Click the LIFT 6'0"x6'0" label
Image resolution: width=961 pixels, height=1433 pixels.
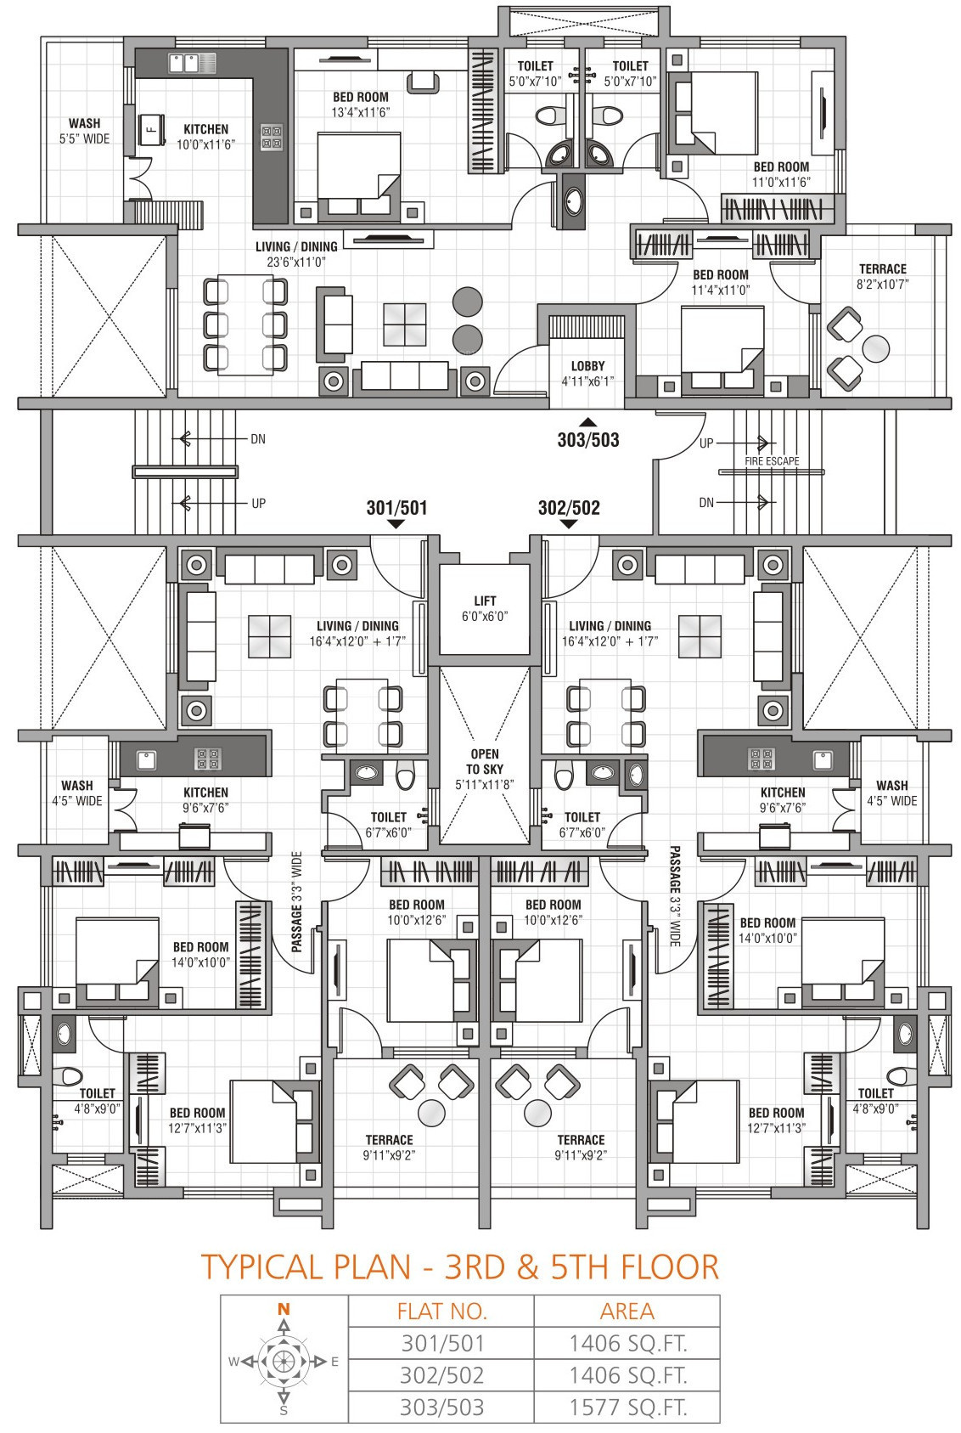click(485, 608)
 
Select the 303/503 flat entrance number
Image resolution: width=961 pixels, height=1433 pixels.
click(587, 440)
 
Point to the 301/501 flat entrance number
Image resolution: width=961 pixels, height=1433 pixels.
click(396, 508)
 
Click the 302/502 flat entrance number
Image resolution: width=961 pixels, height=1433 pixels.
click(569, 508)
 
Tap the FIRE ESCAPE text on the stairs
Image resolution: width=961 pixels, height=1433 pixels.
click(772, 461)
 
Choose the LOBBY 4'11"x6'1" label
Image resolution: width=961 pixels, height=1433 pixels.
click(587, 374)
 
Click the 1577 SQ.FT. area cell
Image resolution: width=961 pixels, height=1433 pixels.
click(627, 1407)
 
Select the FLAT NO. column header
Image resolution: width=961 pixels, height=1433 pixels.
click(441, 1312)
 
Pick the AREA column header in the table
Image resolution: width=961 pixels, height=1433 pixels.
click(627, 1312)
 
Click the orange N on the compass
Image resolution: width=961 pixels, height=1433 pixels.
click(284, 1309)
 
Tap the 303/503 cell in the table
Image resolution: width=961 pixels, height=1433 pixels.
click(441, 1407)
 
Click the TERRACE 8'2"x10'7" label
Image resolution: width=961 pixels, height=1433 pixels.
click(883, 276)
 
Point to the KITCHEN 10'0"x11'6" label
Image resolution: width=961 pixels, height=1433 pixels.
click(205, 137)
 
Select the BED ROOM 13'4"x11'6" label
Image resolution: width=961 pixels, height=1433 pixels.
click(361, 104)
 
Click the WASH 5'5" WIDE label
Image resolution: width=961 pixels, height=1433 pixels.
click(84, 131)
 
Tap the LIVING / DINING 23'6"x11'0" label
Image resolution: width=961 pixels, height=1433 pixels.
click(296, 254)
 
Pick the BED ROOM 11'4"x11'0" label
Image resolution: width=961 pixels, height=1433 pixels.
click(721, 282)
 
